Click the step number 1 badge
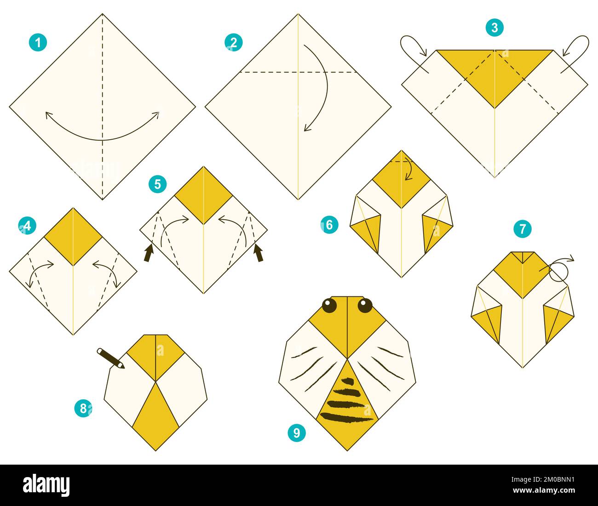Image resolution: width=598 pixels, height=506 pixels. point(38,43)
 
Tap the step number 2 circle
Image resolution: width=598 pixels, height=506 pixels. point(234,43)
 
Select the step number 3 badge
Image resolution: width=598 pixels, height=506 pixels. point(494,28)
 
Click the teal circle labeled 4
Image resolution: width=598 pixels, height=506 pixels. point(27,226)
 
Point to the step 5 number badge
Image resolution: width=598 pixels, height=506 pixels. point(158,184)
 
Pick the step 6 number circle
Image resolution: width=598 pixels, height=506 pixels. point(329,225)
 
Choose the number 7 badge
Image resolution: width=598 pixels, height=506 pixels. point(522,229)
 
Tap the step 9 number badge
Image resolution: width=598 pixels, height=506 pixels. point(297,432)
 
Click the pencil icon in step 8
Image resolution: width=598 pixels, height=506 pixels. point(110,358)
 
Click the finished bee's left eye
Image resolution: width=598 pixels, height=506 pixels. point(329,306)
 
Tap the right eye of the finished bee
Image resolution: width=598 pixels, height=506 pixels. point(365,305)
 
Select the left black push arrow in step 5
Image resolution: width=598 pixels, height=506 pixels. point(149,253)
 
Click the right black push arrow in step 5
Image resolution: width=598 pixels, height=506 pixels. point(259,253)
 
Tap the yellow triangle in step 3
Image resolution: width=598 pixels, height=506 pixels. point(494,74)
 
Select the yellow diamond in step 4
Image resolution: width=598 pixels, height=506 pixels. point(73,236)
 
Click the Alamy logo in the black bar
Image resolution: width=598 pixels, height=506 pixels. point(46,485)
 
